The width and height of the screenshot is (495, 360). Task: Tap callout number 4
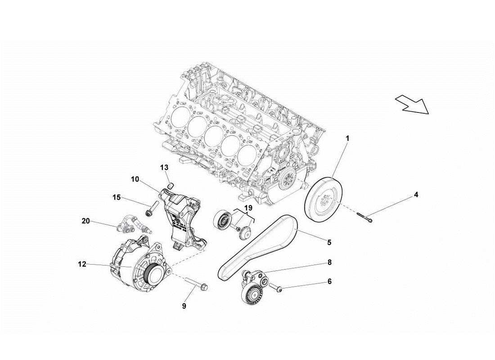coord(416,195)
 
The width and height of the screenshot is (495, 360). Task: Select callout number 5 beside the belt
coord(329,243)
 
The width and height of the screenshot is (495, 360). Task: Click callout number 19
coord(248,208)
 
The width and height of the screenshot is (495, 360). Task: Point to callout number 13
coord(164,167)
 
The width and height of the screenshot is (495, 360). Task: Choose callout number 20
coord(85,220)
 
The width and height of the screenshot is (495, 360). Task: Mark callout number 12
coord(81,265)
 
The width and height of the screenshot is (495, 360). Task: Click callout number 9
coord(184,306)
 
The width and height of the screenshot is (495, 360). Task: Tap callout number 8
coord(329,262)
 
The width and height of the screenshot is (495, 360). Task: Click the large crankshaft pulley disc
coord(323,201)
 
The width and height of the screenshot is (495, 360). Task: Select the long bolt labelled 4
coord(364,217)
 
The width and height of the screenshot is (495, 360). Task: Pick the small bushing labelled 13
coord(171,185)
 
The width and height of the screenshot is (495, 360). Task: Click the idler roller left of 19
coord(221,220)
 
